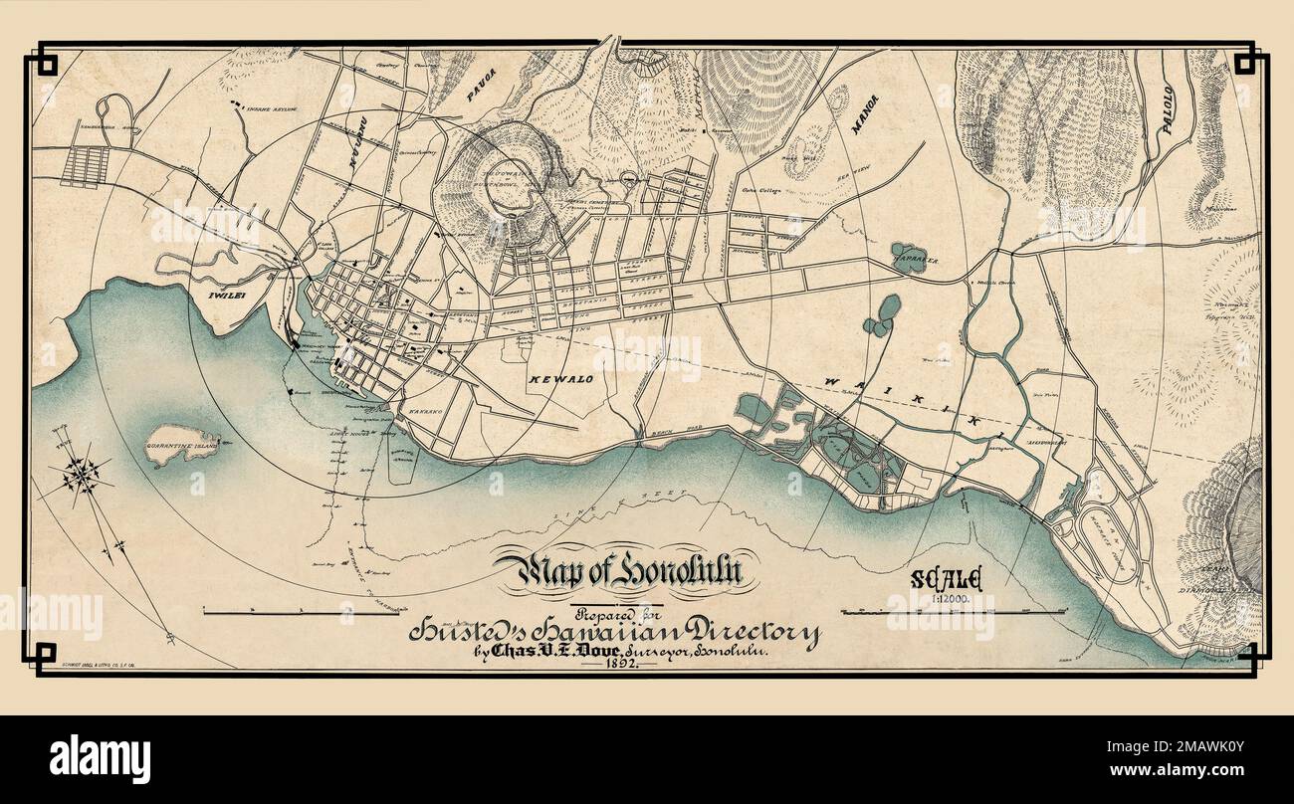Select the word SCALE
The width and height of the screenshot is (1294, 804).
(x=946, y=579)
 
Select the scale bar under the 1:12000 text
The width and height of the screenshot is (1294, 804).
(x=946, y=612)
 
